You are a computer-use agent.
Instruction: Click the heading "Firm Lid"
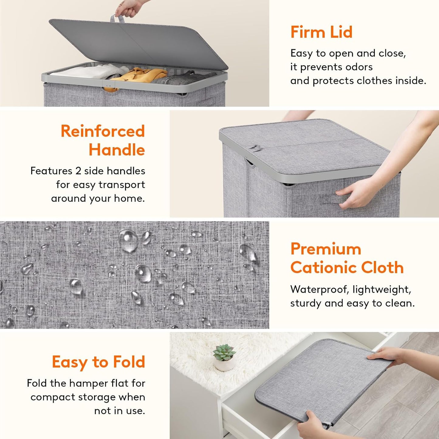point(321,32)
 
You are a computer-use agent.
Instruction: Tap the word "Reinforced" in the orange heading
point(103,131)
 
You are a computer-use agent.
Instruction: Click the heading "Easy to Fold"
point(98,362)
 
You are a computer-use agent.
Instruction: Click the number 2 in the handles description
point(78,171)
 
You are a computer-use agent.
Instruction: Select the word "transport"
point(122,185)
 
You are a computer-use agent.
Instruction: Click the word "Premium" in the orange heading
point(326,249)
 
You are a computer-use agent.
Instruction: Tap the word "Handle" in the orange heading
point(117,150)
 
